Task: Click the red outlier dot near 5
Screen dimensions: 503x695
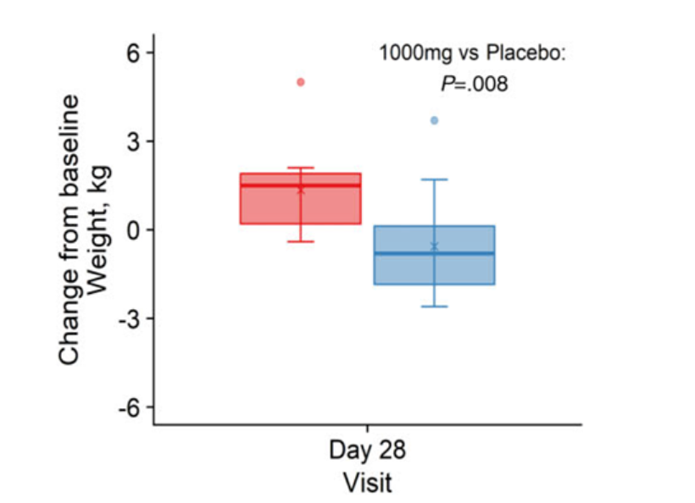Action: coord(300,82)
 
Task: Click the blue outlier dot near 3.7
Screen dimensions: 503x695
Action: coord(434,120)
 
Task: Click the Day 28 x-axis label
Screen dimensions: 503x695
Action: coord(367,450)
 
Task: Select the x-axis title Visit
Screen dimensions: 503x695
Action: coord(367,483)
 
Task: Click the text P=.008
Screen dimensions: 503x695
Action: coord(474,83)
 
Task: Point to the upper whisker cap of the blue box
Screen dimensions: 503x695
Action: coord(434,180)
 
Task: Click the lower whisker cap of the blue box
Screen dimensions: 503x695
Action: coord(434,306)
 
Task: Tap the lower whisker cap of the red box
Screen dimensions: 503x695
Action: coord(300,241)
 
